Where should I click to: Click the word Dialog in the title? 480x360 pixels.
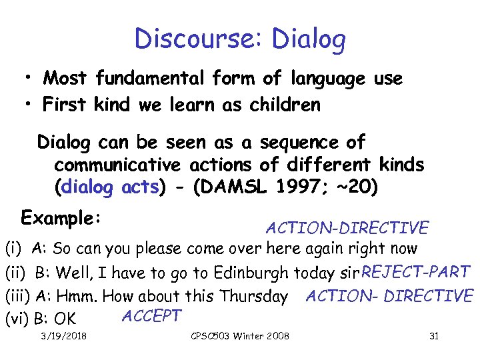(309, 41)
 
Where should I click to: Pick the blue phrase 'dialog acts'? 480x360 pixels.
(109, 187)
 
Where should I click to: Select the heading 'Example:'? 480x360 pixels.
(61, 219)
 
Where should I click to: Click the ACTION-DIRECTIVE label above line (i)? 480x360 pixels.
(347, 228)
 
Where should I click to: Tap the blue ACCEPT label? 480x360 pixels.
(151, 315)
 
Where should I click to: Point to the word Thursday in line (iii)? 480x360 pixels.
(257, 297)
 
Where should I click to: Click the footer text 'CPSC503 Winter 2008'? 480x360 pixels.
(240, 336)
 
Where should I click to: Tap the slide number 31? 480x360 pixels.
(434, 336)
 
